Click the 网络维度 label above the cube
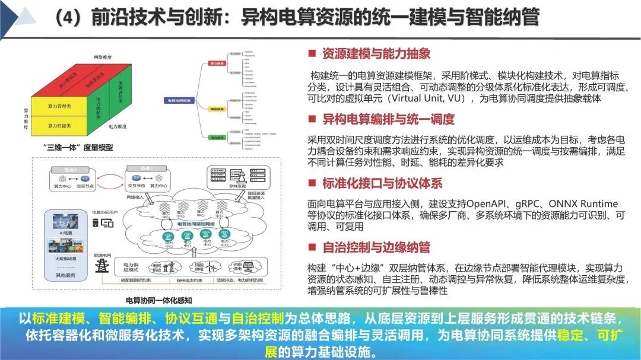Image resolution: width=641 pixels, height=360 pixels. point(103,57)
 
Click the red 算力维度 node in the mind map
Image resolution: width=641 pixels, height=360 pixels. point(217,62)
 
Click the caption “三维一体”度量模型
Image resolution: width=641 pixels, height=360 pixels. point(77,147)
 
